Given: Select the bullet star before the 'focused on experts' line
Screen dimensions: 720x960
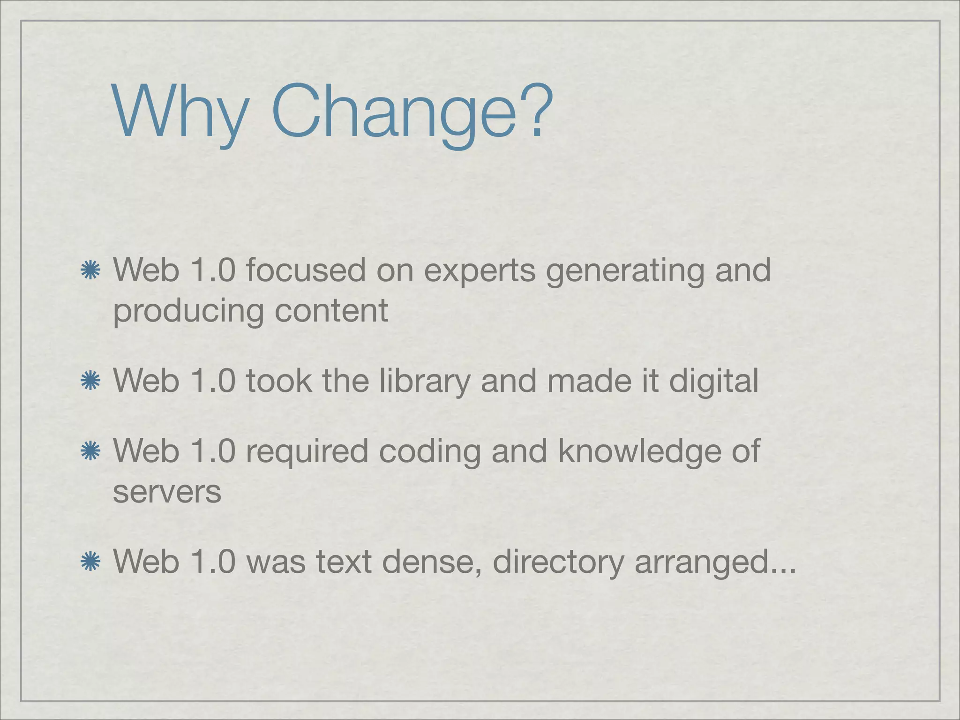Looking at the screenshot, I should [90, 271].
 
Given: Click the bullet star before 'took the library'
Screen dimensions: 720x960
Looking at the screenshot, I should [90, 381].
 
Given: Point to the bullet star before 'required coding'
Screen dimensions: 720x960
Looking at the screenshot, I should [90, 451].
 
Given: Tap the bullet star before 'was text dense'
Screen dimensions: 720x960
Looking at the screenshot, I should [90, 562].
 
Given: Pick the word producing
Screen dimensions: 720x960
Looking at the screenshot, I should [188, 312].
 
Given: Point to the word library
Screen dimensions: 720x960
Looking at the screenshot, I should [424, 381].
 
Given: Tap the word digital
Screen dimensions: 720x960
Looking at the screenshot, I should [713, 381].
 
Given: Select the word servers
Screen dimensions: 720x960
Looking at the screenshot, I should [167, 492].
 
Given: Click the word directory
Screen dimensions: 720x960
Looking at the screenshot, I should [558, 562].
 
